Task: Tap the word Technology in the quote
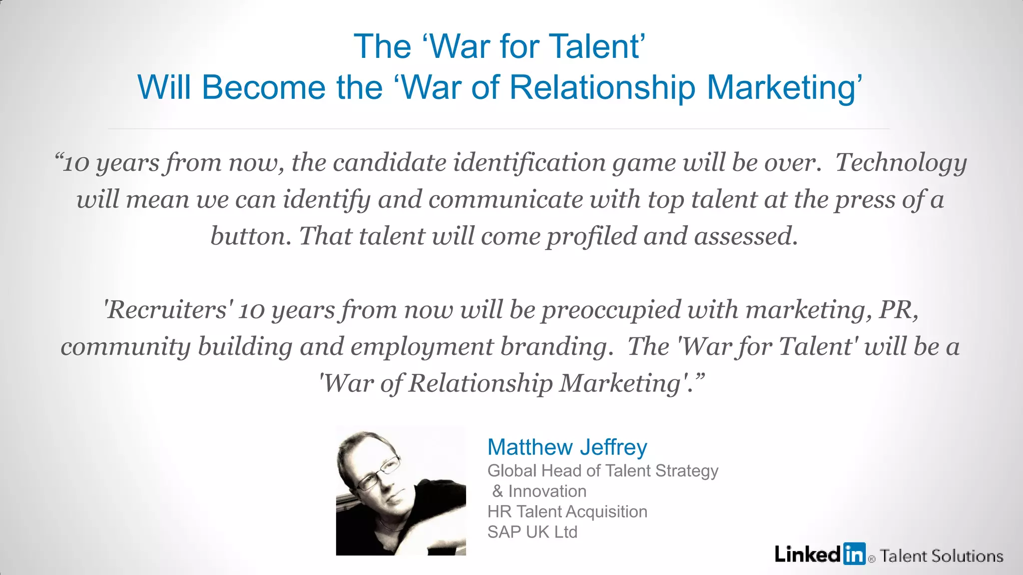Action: (x=901, y=163)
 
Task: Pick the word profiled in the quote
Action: (x=591, y=236)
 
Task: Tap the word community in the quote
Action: (x=125, y=347)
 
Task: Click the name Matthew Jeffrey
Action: (x=567, y=447)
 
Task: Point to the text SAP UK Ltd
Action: (x=532, y=532)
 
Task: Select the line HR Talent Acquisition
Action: (x=567, y=512)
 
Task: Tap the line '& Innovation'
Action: (x=539, y=491)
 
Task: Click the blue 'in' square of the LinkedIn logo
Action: (x=854, y=554)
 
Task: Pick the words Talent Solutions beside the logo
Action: (x=942, y=556)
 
